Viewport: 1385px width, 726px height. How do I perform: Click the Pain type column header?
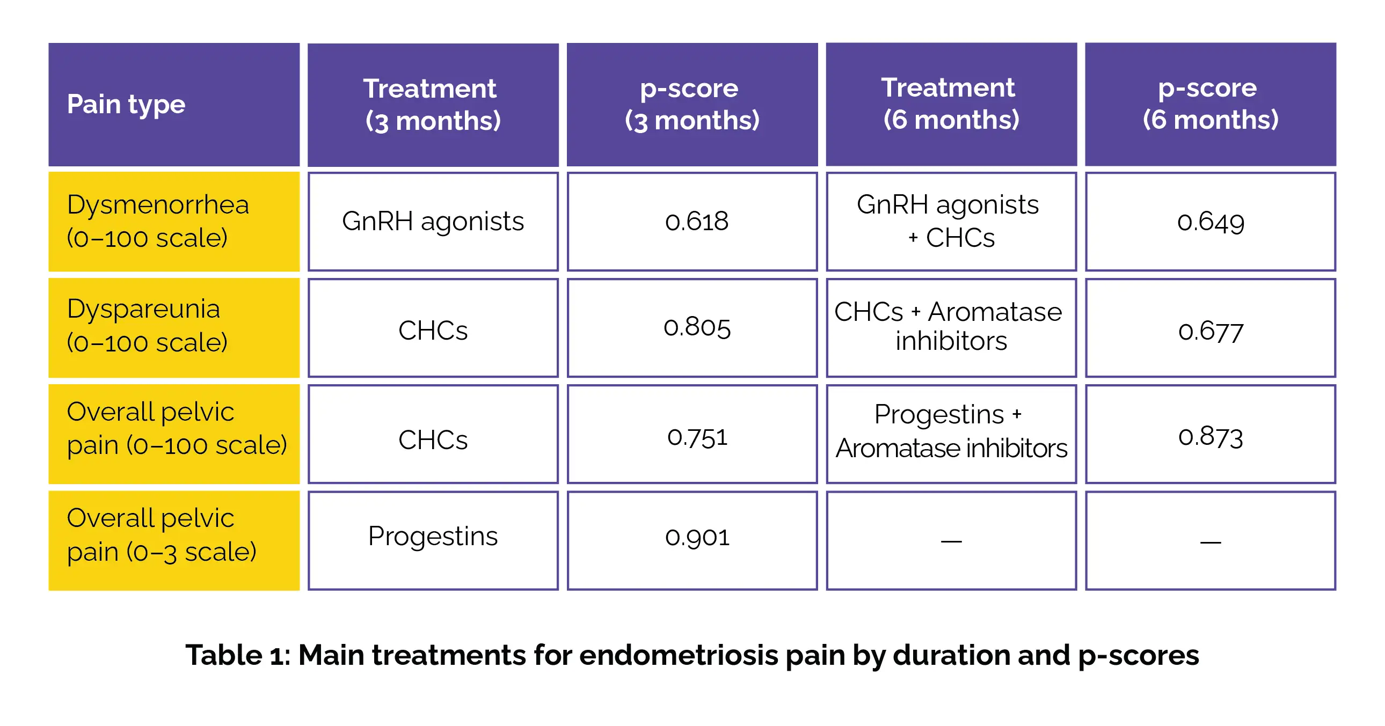126,104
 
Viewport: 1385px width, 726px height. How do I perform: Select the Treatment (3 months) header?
433,104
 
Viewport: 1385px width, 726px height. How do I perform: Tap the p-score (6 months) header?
1210,104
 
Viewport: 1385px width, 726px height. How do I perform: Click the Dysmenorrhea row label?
158,221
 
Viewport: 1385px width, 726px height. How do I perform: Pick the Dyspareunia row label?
147,326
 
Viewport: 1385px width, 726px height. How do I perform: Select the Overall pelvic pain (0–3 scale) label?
161,535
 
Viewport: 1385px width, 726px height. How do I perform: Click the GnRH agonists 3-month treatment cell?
433,222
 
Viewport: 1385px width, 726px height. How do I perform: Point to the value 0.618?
696,222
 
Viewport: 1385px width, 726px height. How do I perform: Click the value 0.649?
1210,223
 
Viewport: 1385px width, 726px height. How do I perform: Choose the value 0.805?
697,327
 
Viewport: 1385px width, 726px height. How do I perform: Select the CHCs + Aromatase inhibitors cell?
949,326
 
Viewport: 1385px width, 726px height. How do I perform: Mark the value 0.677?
1211,332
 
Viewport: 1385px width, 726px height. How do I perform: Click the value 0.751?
697,437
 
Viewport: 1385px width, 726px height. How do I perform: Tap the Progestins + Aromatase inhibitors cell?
951,431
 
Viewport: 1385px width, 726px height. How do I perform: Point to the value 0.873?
1211,436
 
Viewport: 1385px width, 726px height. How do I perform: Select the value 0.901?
697,537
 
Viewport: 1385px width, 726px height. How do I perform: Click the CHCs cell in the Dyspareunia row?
433,330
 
